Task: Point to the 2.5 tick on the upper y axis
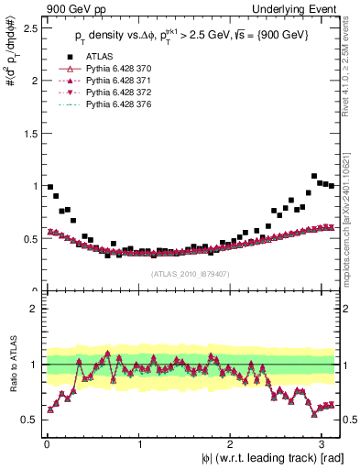coord(30,27)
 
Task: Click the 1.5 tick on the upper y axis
coord(30,133)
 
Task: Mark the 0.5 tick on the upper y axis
coord(30,238)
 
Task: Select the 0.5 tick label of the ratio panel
coord(30,420)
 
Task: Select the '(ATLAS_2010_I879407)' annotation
coord(190,273)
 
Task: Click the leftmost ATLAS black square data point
coord(49,187)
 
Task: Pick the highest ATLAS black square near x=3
coord(314,176)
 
